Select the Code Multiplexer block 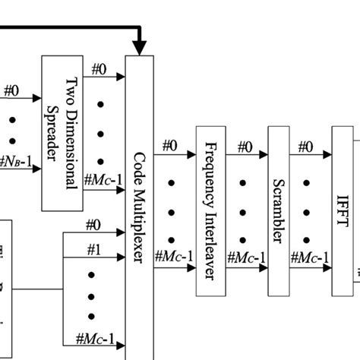point(140,205)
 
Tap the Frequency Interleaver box point(210,211)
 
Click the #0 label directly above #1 point(93,226)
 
